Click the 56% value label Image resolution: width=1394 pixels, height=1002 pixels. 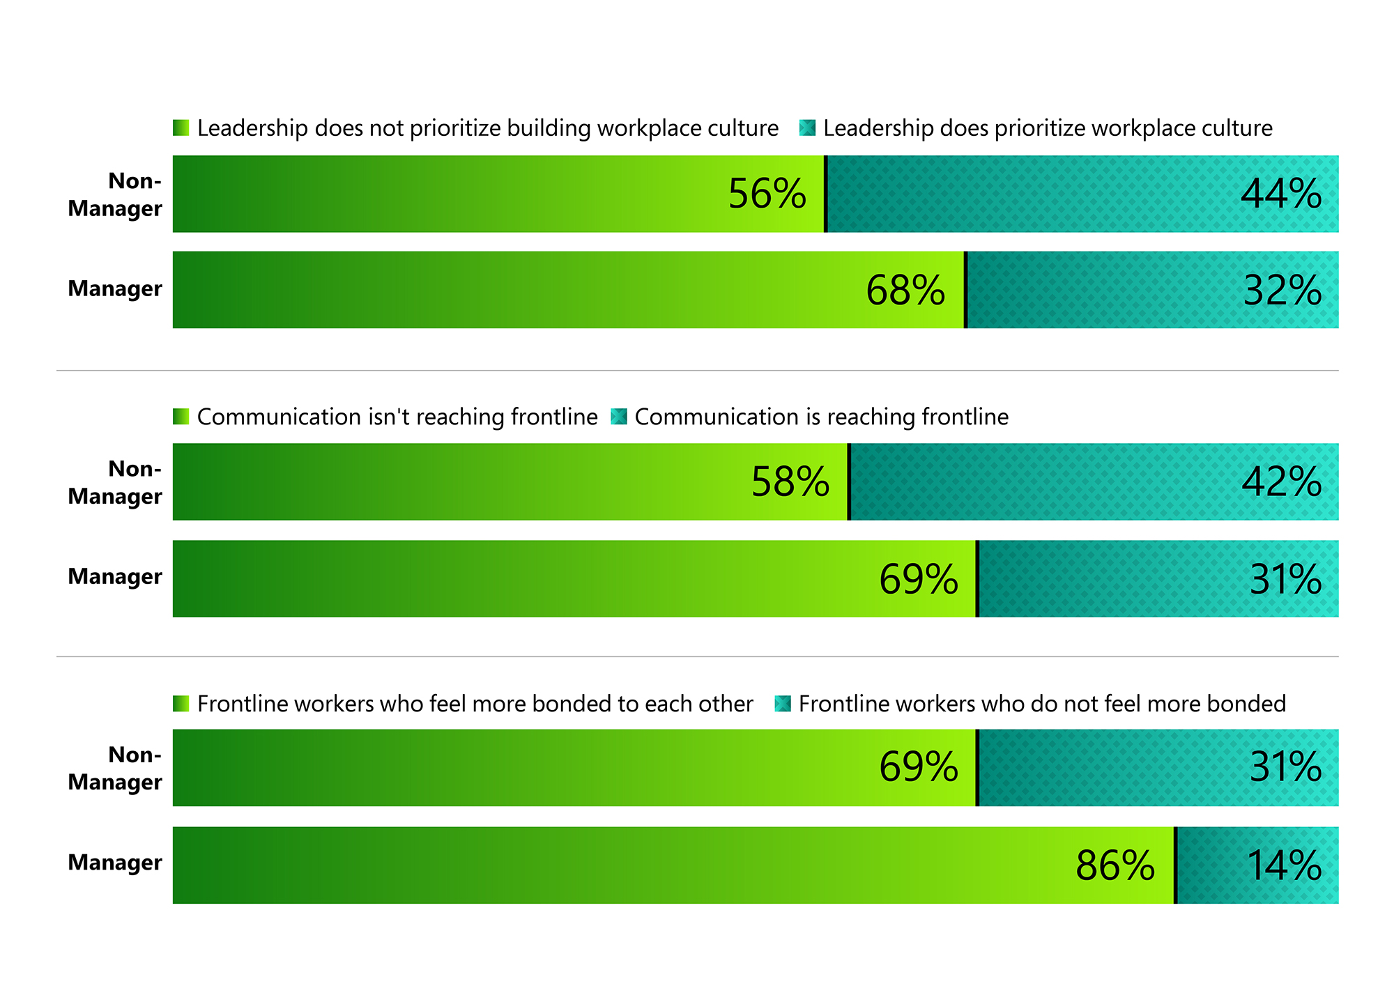tap(767, 194)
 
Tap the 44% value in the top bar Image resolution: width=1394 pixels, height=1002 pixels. tap(1281, 194)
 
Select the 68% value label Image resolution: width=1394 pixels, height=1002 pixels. tap(905, 290)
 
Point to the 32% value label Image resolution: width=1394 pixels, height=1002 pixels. tap(1282, 290)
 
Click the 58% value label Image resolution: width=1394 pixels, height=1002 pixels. tap(790, 481)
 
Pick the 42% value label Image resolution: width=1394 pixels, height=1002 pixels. tap(1282, 481)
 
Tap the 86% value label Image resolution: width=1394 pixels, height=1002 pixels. tap(1115, 865)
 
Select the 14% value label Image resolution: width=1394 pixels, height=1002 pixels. tap(1284, 865)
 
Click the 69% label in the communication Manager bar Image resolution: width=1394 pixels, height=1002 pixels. tap(919, 578)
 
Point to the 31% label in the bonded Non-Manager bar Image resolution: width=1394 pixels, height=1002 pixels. tap(1285, 767)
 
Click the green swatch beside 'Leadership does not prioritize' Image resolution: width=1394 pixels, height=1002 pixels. tap(181, 128)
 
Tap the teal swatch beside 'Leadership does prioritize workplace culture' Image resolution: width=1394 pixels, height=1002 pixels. tap(807, 128)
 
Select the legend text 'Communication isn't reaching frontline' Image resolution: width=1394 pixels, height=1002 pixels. tap(397, 417)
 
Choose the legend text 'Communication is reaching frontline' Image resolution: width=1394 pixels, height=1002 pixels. tap(821, 417)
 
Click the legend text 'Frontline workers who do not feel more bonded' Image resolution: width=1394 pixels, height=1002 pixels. tap(1042, 704)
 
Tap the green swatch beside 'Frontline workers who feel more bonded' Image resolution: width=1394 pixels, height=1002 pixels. tap(181, 704)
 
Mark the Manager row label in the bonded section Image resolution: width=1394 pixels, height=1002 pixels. tap(115, 863)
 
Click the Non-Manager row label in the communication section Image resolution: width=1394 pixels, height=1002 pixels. tap(115, 482)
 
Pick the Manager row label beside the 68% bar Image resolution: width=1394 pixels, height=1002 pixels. tap(115, 288)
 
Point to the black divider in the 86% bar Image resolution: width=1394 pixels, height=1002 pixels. tap(1176, 865)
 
